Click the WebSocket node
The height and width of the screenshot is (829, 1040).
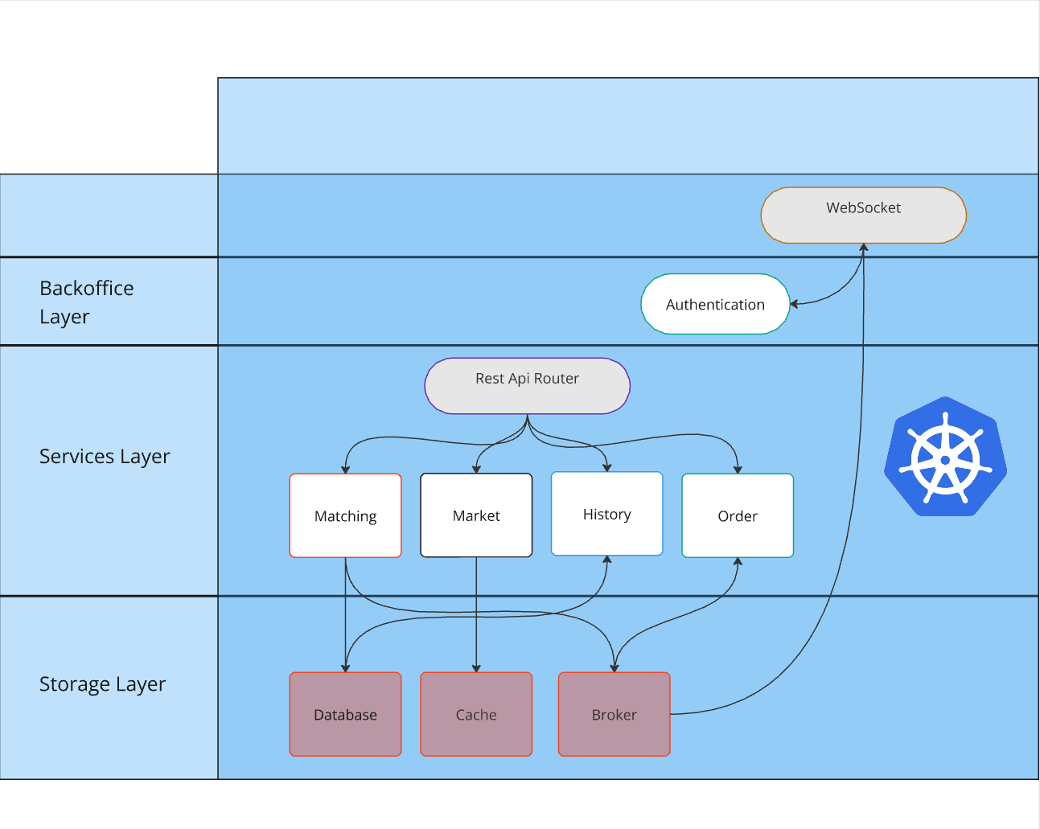pos(863,215)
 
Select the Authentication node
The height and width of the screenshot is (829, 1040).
pos(715,304)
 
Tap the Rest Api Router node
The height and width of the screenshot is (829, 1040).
pos(527,386)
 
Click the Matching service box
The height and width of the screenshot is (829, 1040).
pos(345,515)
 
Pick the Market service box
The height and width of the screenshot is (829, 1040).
pos(476,515)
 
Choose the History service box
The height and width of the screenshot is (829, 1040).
pos(606,514)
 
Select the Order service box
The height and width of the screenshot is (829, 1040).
pos(738,515)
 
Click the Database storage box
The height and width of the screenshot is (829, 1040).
pos(345,714)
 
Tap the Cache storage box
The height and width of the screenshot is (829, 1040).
pos(476,714)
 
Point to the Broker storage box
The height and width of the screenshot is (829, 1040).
pos(614,714)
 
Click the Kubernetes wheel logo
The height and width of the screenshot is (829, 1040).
pos(945,457)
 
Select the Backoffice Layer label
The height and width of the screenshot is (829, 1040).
pos(87,302)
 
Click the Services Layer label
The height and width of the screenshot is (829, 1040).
pos(105,456)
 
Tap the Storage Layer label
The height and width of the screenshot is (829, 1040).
pos(102,683)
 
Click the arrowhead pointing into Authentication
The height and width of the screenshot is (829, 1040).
pos(794,304)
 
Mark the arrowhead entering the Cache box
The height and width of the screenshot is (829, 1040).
pos(476,667)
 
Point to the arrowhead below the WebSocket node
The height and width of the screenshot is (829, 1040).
pos(863,248)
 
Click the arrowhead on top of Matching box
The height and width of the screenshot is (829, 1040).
pos(345,469)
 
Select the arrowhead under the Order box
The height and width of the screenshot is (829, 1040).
pos(738,562)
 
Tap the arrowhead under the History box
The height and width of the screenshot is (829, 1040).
pos(607,560)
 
